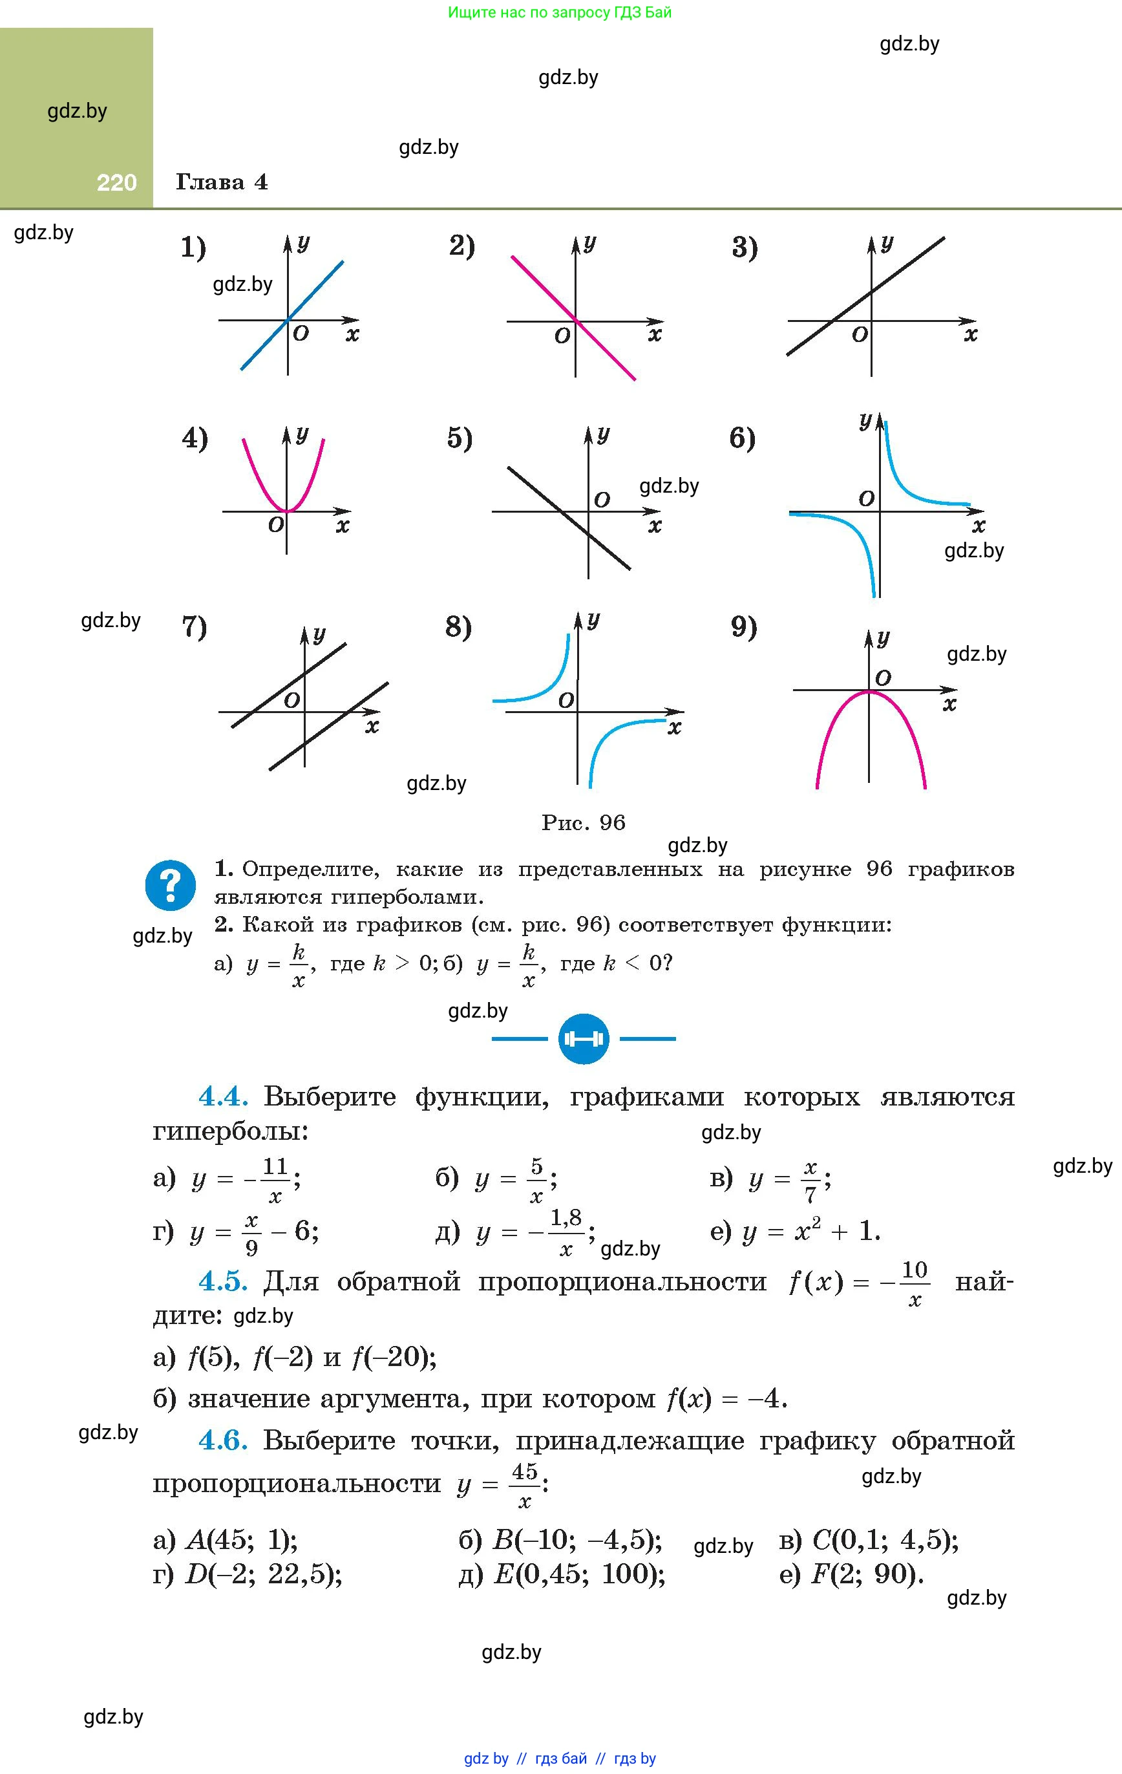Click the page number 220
116,183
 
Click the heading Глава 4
222,182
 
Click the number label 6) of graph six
742,438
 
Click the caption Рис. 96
583,823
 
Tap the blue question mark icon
170,885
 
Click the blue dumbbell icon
584,1039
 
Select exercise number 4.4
222,1097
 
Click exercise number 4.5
222,1281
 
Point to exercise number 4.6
222,1440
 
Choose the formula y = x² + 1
810,1231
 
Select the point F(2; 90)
866,1574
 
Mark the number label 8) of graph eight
458,627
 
